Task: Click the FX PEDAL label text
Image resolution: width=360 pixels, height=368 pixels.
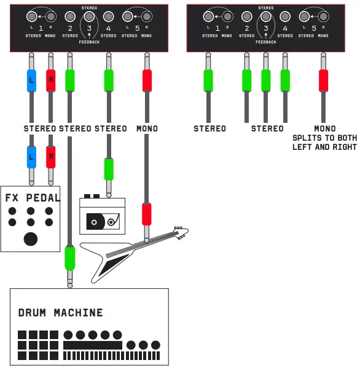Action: (33, 198)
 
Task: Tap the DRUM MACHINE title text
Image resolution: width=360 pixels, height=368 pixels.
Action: (60, 313)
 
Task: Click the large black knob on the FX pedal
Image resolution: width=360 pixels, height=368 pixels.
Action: (30, 239)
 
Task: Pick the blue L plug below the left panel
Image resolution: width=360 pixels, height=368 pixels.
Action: (31, 80)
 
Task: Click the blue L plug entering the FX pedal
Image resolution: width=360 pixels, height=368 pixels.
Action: (31, 157)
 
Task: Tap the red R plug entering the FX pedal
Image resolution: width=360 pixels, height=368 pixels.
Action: (51, 157)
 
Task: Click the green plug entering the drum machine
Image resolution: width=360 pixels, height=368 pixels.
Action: (69, 257)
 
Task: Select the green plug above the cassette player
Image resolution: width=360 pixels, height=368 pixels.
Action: (109, 168)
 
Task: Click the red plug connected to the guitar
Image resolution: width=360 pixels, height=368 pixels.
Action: (147, 214)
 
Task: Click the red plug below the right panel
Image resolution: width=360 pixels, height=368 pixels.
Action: (323, 80)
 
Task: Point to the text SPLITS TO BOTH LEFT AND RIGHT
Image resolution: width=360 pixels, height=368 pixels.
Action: (324, 143)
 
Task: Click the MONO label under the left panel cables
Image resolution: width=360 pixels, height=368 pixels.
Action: (147, 128)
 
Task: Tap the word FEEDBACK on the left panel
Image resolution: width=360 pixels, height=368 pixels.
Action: (89, 42)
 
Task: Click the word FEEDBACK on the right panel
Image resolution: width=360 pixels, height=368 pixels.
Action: (266, 42)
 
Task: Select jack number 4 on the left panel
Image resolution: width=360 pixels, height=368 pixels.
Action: (109, 17)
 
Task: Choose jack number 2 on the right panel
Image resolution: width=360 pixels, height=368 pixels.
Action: (246, 17)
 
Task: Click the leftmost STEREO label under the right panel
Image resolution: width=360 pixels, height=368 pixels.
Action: (209, 128)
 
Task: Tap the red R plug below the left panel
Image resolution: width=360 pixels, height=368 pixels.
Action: (51, 80)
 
